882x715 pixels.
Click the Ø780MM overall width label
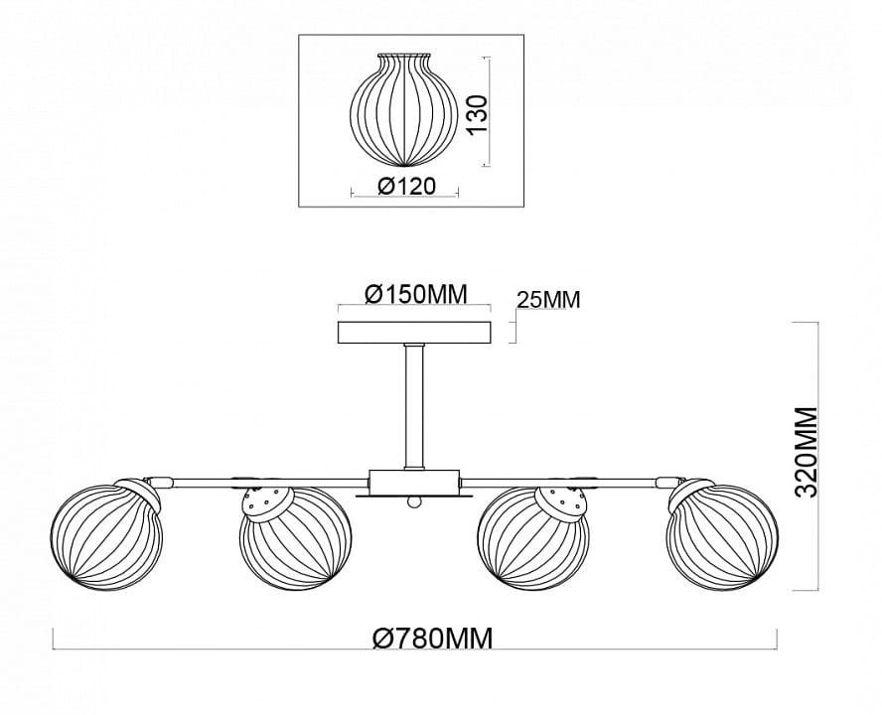pyautogui.click(x=433, y=638)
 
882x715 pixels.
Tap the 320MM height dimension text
pyautogui.click(x=807, y=453)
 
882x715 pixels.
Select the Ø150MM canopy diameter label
pyautogui.click(x=416, y=293)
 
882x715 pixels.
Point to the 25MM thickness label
pyautogui.click(x=548, y=300)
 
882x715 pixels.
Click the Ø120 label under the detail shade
pyautogui.click(x=406, y=186)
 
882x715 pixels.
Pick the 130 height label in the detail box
pyautogui.click(x=477, y=115)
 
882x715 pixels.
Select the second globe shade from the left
pyautogui.click(x=295, y=537)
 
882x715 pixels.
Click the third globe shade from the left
pyautogui.click(x=532, y=537)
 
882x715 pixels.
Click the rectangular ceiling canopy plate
pyautogui.click(x=414, y=332)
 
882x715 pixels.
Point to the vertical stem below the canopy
pyautogui.click(x=414, y=406)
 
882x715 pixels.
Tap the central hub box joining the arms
pyautogui.click(x=413, y=482)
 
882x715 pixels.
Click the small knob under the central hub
pyautogui.click(x=413, y=502)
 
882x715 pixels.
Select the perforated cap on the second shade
pyautogui.click(x=268, y=502)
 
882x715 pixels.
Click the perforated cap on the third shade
pyautogui.click(x=561, y=502)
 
